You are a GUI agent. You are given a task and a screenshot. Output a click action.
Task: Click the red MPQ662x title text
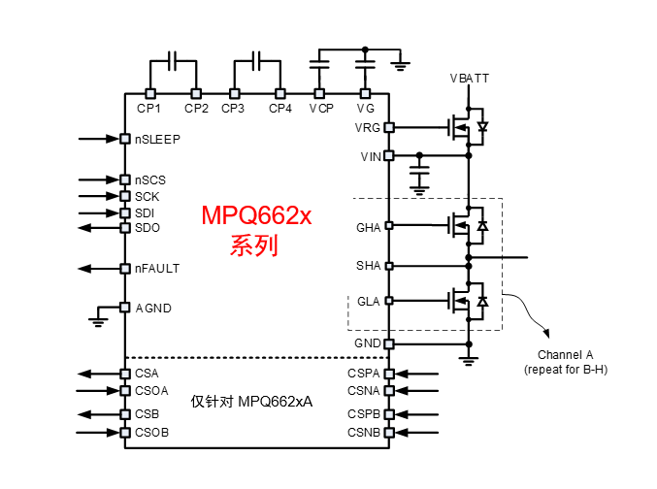(255, 215)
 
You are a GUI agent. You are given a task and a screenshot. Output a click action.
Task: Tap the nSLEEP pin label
(157, 139)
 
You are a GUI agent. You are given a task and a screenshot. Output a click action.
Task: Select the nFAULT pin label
(157, 268)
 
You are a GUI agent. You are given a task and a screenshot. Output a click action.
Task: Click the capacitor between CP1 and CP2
(174, 61)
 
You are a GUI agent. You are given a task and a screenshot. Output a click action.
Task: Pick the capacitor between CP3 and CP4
(257, 61)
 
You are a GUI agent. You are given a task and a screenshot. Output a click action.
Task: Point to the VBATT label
(469, 77)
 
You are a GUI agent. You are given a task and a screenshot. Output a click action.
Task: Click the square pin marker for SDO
(125, 228)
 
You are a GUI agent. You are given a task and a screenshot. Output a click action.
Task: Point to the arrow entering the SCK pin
(98, 196)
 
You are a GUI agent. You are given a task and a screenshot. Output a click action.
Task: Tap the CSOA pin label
(152, 391)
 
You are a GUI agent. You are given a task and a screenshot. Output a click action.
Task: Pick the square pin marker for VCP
(319, 94)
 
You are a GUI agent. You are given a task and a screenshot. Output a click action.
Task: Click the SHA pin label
(369, 265)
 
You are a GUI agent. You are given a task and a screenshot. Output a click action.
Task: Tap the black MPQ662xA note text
(257, 401)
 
